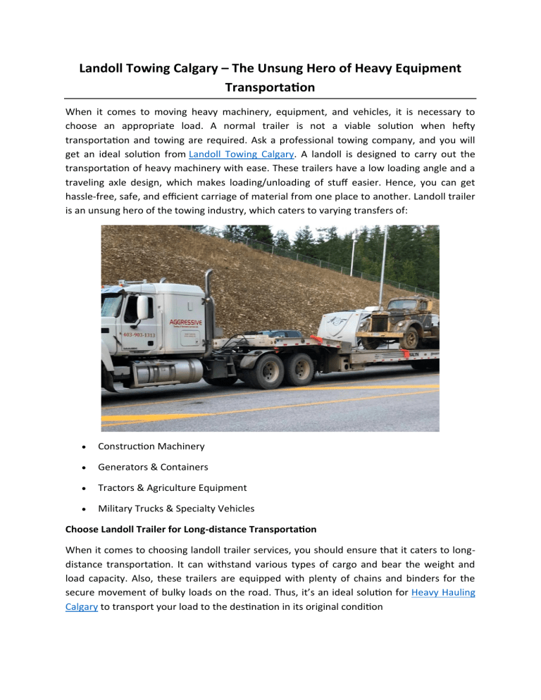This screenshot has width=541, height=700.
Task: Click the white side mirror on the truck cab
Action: point(142,308)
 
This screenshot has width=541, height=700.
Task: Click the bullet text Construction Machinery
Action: point(151,446)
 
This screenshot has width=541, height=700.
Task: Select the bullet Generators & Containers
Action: point(153,467)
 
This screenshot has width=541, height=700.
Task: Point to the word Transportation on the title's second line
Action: point(270,89)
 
